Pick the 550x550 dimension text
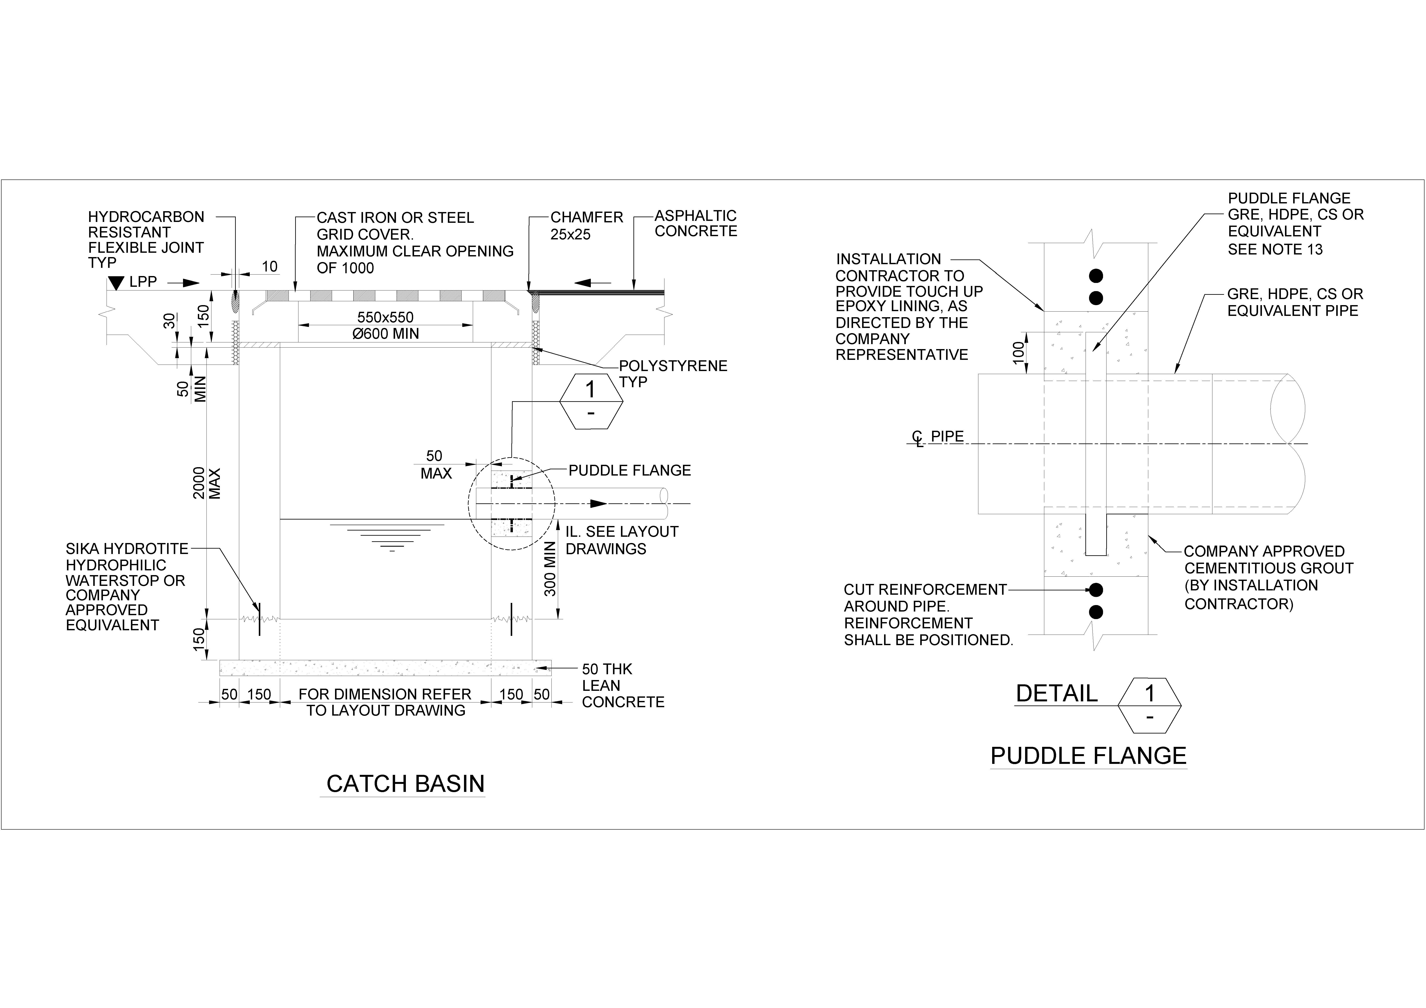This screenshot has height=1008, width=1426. pyautogui.click(x=385, y=318)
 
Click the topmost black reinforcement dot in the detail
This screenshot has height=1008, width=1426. pyautogui.click(x=1096, y=275)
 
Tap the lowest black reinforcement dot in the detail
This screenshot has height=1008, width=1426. pyautogui.click(x=1096, y=612)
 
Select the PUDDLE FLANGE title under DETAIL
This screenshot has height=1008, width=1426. pyautogui.click(x=1088, y=756)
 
